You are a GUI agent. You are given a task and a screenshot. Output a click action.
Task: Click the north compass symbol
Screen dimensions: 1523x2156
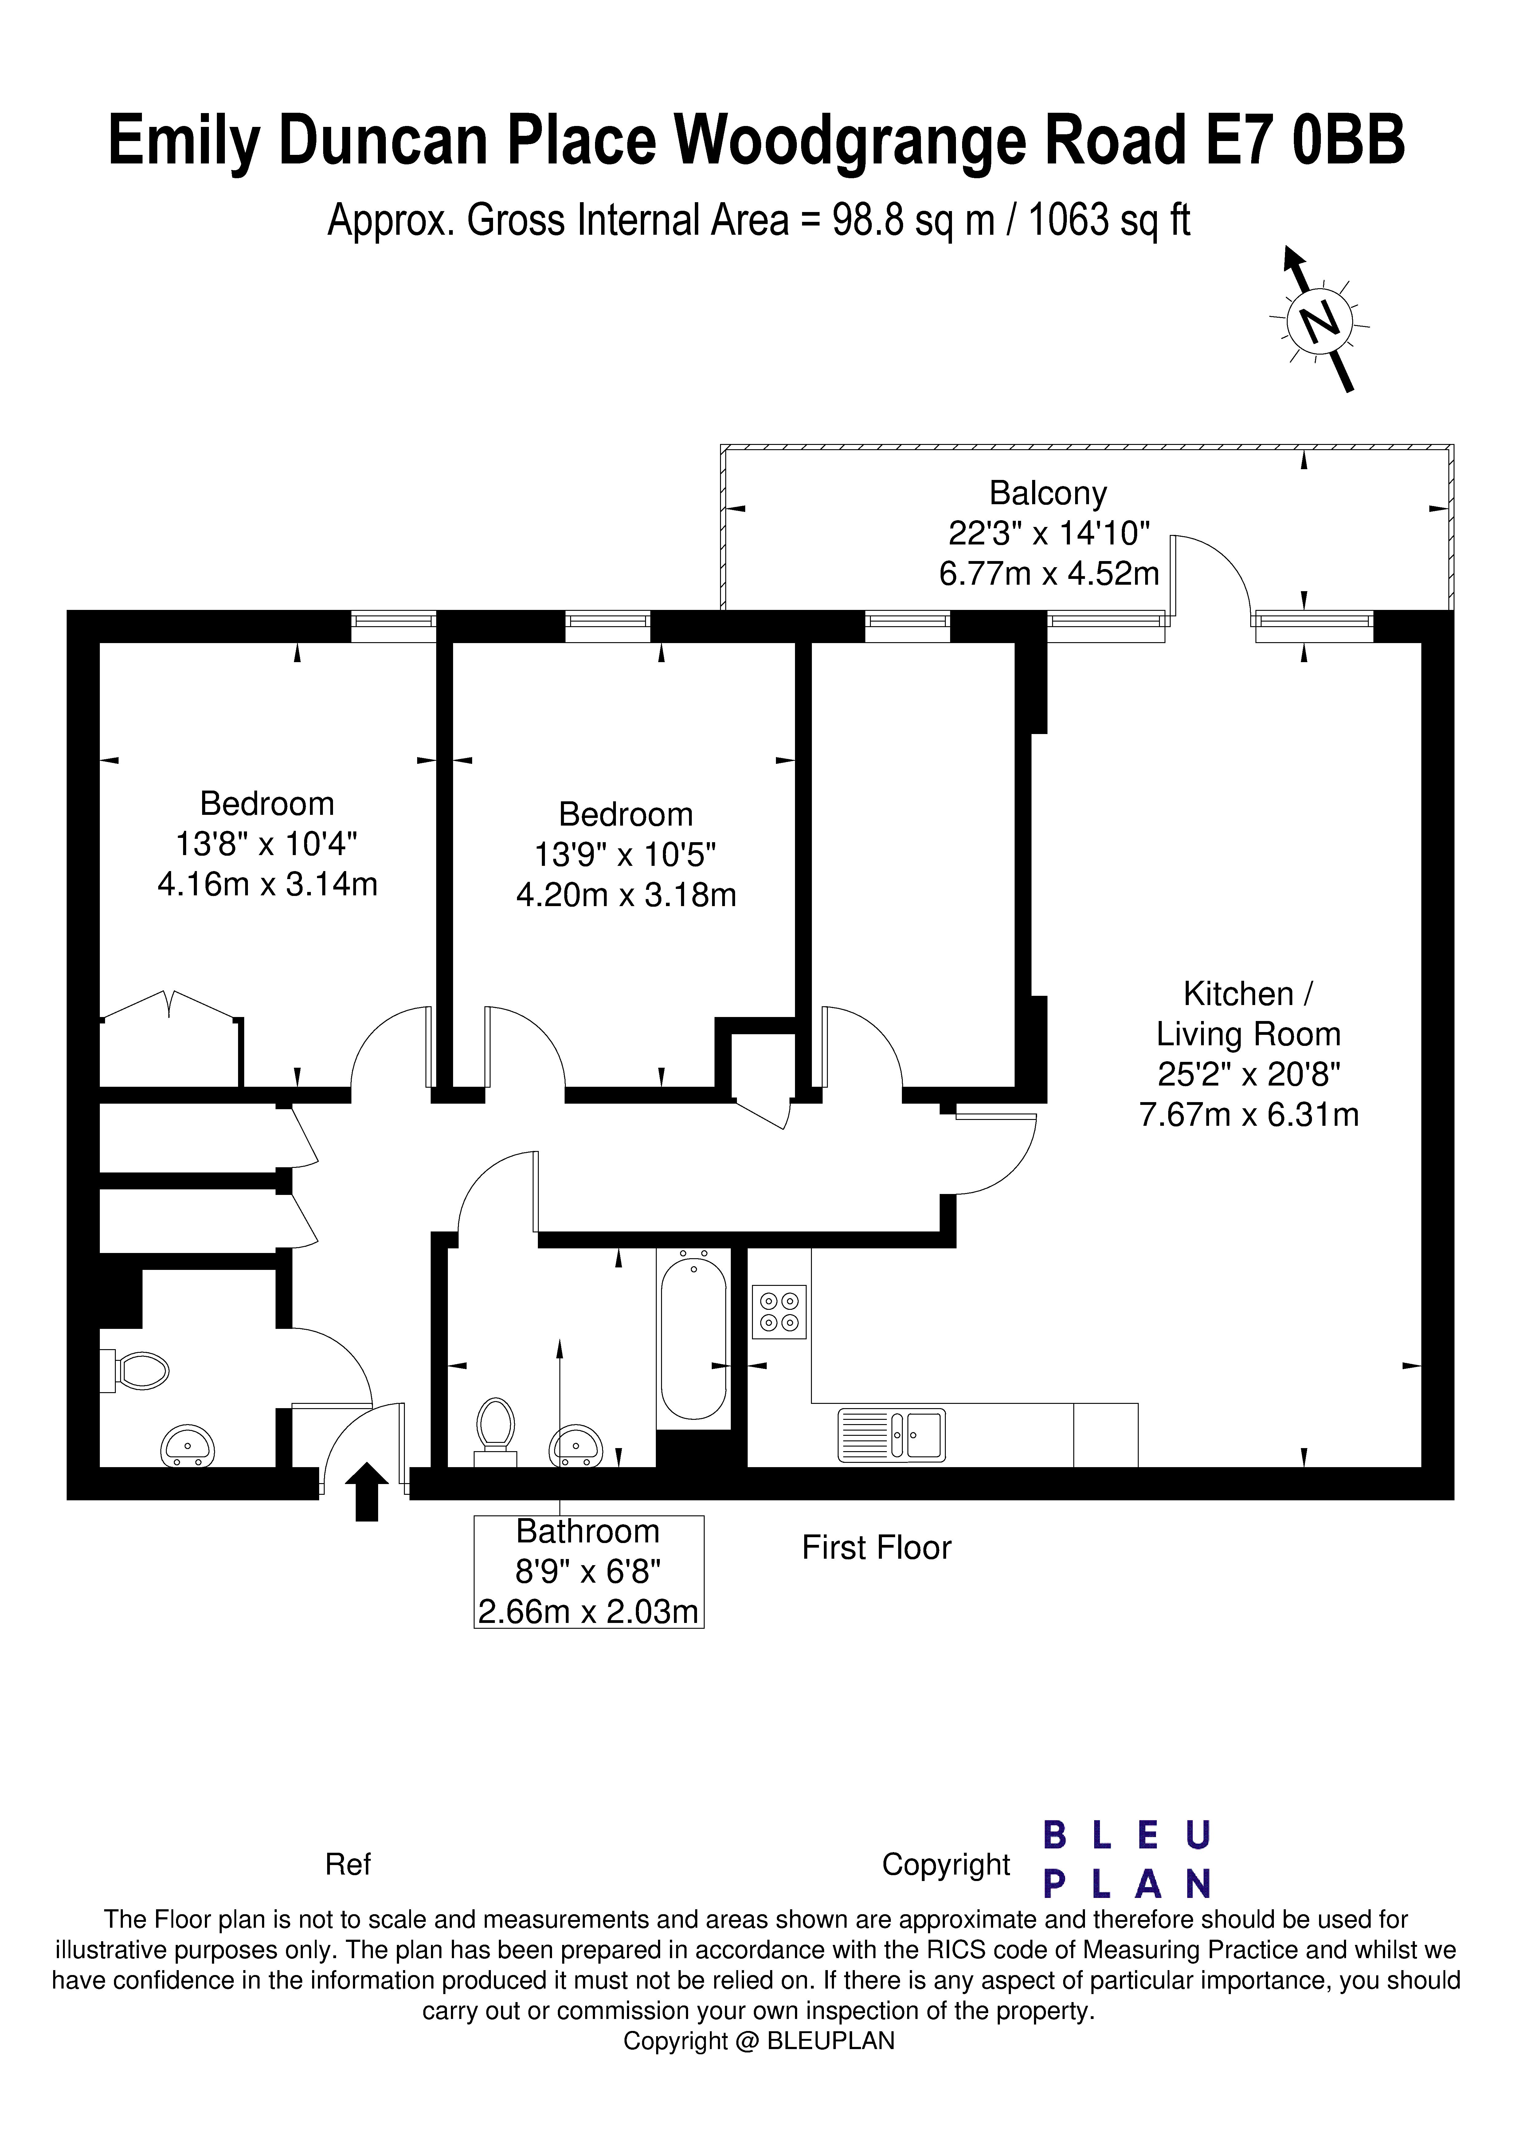1319,321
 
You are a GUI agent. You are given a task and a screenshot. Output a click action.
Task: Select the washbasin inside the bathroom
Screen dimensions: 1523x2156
576,1446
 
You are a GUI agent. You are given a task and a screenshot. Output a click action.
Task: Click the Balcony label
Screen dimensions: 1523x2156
1048,493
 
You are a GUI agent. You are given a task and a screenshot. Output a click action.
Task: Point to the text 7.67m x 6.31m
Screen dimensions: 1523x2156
1249,1115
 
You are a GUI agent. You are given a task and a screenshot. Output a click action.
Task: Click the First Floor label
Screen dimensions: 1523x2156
876,1548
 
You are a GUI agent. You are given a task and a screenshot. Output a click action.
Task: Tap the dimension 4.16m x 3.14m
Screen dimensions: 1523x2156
268,885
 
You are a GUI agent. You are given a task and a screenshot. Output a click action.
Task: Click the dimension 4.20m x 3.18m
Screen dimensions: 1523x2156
626,895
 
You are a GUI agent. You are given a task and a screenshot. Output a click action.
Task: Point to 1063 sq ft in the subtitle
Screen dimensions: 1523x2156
1109,221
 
